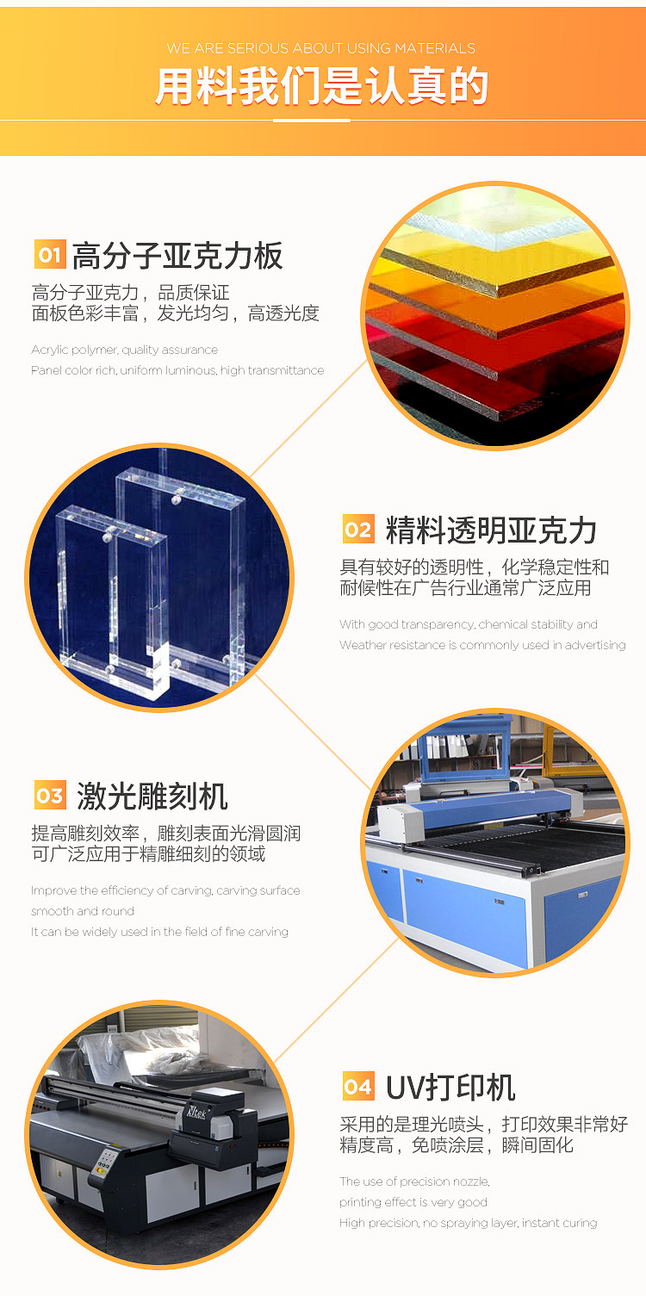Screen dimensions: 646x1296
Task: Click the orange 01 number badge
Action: click(50, 254)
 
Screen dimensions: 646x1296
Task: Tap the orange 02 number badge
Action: click(358, 529)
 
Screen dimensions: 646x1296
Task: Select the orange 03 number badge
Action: click(50, 796)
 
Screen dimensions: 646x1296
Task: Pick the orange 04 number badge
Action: click(358, 1086)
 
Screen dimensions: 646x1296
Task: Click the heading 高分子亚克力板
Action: click(177, 255)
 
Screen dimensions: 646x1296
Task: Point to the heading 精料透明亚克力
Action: click(491, 530)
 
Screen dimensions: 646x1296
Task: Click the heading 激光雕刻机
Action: click(152, 796)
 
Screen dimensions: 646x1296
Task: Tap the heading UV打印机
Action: click(450, 1087)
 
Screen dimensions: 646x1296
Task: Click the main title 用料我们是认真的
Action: click(322, 86)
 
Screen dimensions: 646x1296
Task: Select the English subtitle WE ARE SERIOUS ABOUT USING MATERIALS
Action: click(321, 48)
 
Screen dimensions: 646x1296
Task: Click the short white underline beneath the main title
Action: click(312, 121)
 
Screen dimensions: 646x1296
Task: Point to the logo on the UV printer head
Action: click(196, 1112)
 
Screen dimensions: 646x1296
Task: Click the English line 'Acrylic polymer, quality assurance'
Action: click(124, 350)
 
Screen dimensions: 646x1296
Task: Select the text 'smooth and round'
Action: click(82, 911)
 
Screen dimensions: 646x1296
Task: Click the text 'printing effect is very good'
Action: click(413, 1201)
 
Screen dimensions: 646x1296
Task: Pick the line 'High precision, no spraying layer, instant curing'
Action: click(469, 1223)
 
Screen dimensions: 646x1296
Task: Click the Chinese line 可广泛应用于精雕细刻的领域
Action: click(148, 854)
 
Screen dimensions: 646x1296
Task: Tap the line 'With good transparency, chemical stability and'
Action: click(469, 624)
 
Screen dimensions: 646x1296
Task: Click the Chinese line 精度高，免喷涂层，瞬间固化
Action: click(457, 1145)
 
